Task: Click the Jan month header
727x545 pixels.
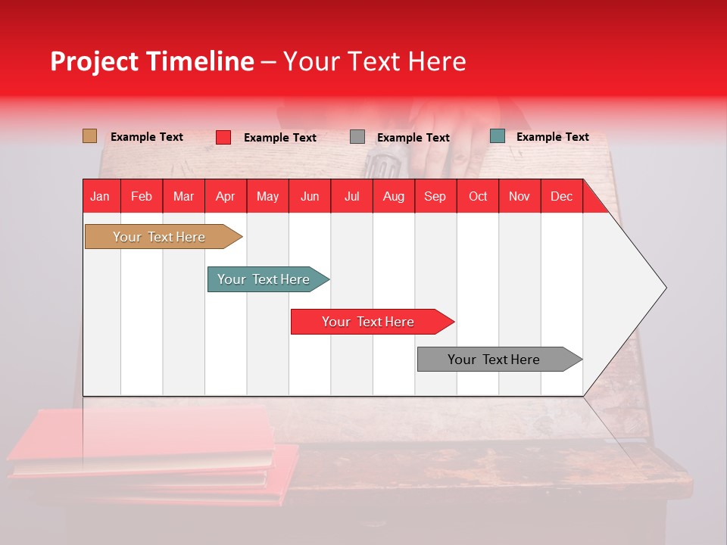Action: click(101, 196)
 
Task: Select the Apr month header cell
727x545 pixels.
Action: click(225, 196)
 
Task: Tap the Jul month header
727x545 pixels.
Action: click(351, 196)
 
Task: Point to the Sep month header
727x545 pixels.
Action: click(435, 196)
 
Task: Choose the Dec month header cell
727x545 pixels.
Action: click(561, 196)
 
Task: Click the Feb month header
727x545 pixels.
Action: click(142, 196)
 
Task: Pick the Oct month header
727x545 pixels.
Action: click(477, 196)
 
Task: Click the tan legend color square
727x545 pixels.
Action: click(90, 136)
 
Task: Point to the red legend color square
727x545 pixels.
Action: click(223, 137)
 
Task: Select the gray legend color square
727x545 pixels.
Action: click(357, 137)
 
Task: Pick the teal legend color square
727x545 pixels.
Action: click(498, 136)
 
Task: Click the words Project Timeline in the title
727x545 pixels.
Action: click(151, 61)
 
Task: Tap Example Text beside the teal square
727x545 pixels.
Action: click(552, 137)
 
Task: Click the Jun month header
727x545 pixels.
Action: click(309, 196)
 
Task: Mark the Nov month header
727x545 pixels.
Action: click(519, 196)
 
